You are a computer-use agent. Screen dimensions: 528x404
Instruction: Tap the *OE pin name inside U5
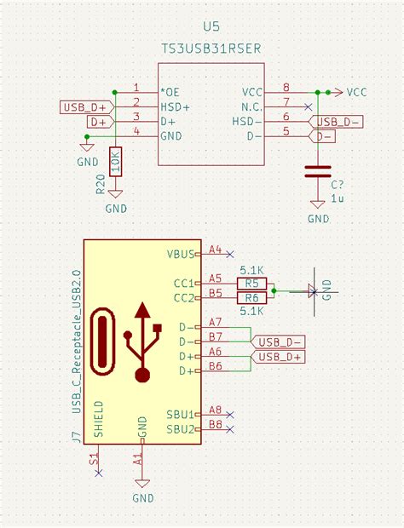click(x=170, y=90)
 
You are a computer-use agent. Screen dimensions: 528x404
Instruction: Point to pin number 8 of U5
click(x=286, y=87)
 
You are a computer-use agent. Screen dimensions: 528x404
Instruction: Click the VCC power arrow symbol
click(x=338, y=91)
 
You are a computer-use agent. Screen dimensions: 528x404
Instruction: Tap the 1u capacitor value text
click(x=337, y=198)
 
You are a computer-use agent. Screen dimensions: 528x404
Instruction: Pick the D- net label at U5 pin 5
click(x=323, y=135)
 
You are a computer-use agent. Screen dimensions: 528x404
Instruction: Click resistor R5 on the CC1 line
click(x=251, y=283)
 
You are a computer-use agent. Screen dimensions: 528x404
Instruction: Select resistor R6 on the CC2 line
click(x=251, y=297)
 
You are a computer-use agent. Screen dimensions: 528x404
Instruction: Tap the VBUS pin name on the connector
click(x=181, y=253)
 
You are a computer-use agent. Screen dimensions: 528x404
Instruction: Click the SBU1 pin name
click(x=181, y=413)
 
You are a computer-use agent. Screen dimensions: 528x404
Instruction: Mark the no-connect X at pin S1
click(x=99, y=471)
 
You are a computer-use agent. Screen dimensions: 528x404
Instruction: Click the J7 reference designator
click(x=76, y=437)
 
